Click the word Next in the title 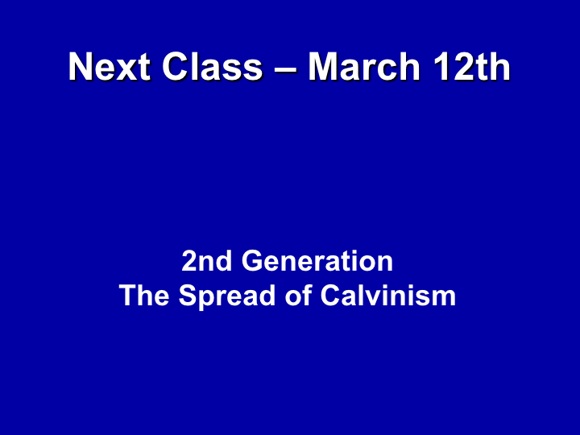110,67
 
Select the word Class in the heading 213,67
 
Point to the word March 364,67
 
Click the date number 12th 472,67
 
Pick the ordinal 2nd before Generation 206,261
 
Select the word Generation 317,261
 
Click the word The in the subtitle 144,295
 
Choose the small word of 298,295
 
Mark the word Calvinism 388,295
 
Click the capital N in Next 81,67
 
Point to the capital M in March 323,67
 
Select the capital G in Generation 253,261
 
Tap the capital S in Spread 188,295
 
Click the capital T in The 128,295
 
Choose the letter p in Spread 209,301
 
